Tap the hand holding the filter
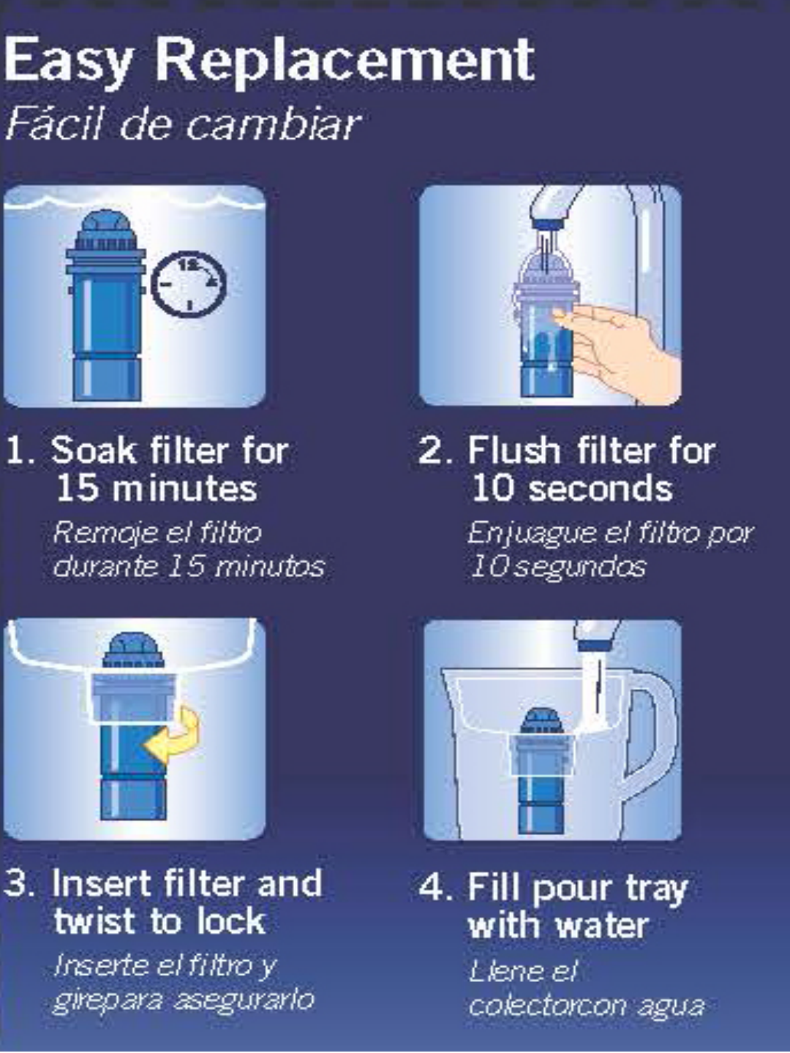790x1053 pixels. click(619, 342)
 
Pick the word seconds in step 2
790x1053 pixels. click(601, 488)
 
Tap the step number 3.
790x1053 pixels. click(18, 883)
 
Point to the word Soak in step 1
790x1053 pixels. click(94, 450)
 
